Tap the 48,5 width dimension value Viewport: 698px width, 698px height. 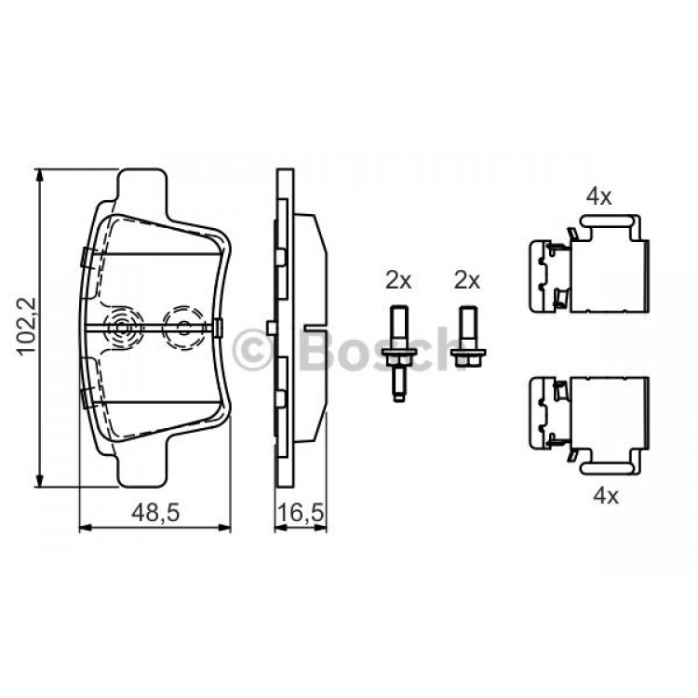(155, 513)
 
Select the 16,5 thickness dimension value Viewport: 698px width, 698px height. (300, 513)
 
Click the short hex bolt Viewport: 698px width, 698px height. (468, 338)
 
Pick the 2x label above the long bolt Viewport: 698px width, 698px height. (399, 281)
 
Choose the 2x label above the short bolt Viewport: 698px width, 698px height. (467, 281)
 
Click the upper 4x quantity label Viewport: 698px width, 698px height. (598, 196)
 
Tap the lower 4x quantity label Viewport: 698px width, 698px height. (606, 495)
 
